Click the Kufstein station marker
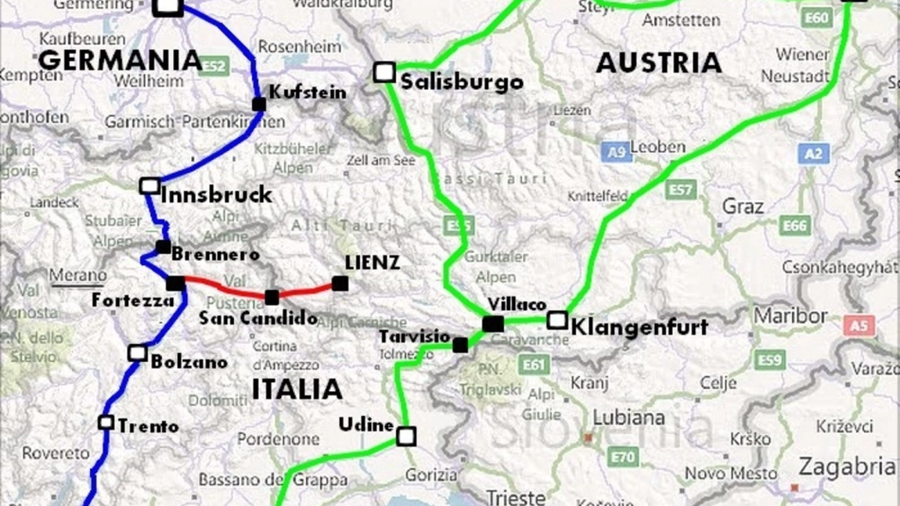coord(259,104)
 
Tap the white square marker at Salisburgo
coord(383,73)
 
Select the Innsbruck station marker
coord(149,186)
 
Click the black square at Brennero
coord(163,247)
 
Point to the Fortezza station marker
coord(175,283)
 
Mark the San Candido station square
coord(272,297)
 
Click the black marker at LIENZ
coord(340,283)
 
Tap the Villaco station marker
coord(493,323)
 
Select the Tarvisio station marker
coord(460,345)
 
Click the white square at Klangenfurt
coord(557,320)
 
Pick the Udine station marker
coord(405,436)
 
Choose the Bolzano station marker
coord(138,353)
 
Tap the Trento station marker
coord(106,422)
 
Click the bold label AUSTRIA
coord(658,63)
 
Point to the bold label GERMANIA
coord(120,59)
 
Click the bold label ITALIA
coord(297,389)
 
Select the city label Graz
coord(743,206)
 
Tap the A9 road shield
coord(616,151)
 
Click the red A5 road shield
coord(859,325)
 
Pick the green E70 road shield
coord(623,456)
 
